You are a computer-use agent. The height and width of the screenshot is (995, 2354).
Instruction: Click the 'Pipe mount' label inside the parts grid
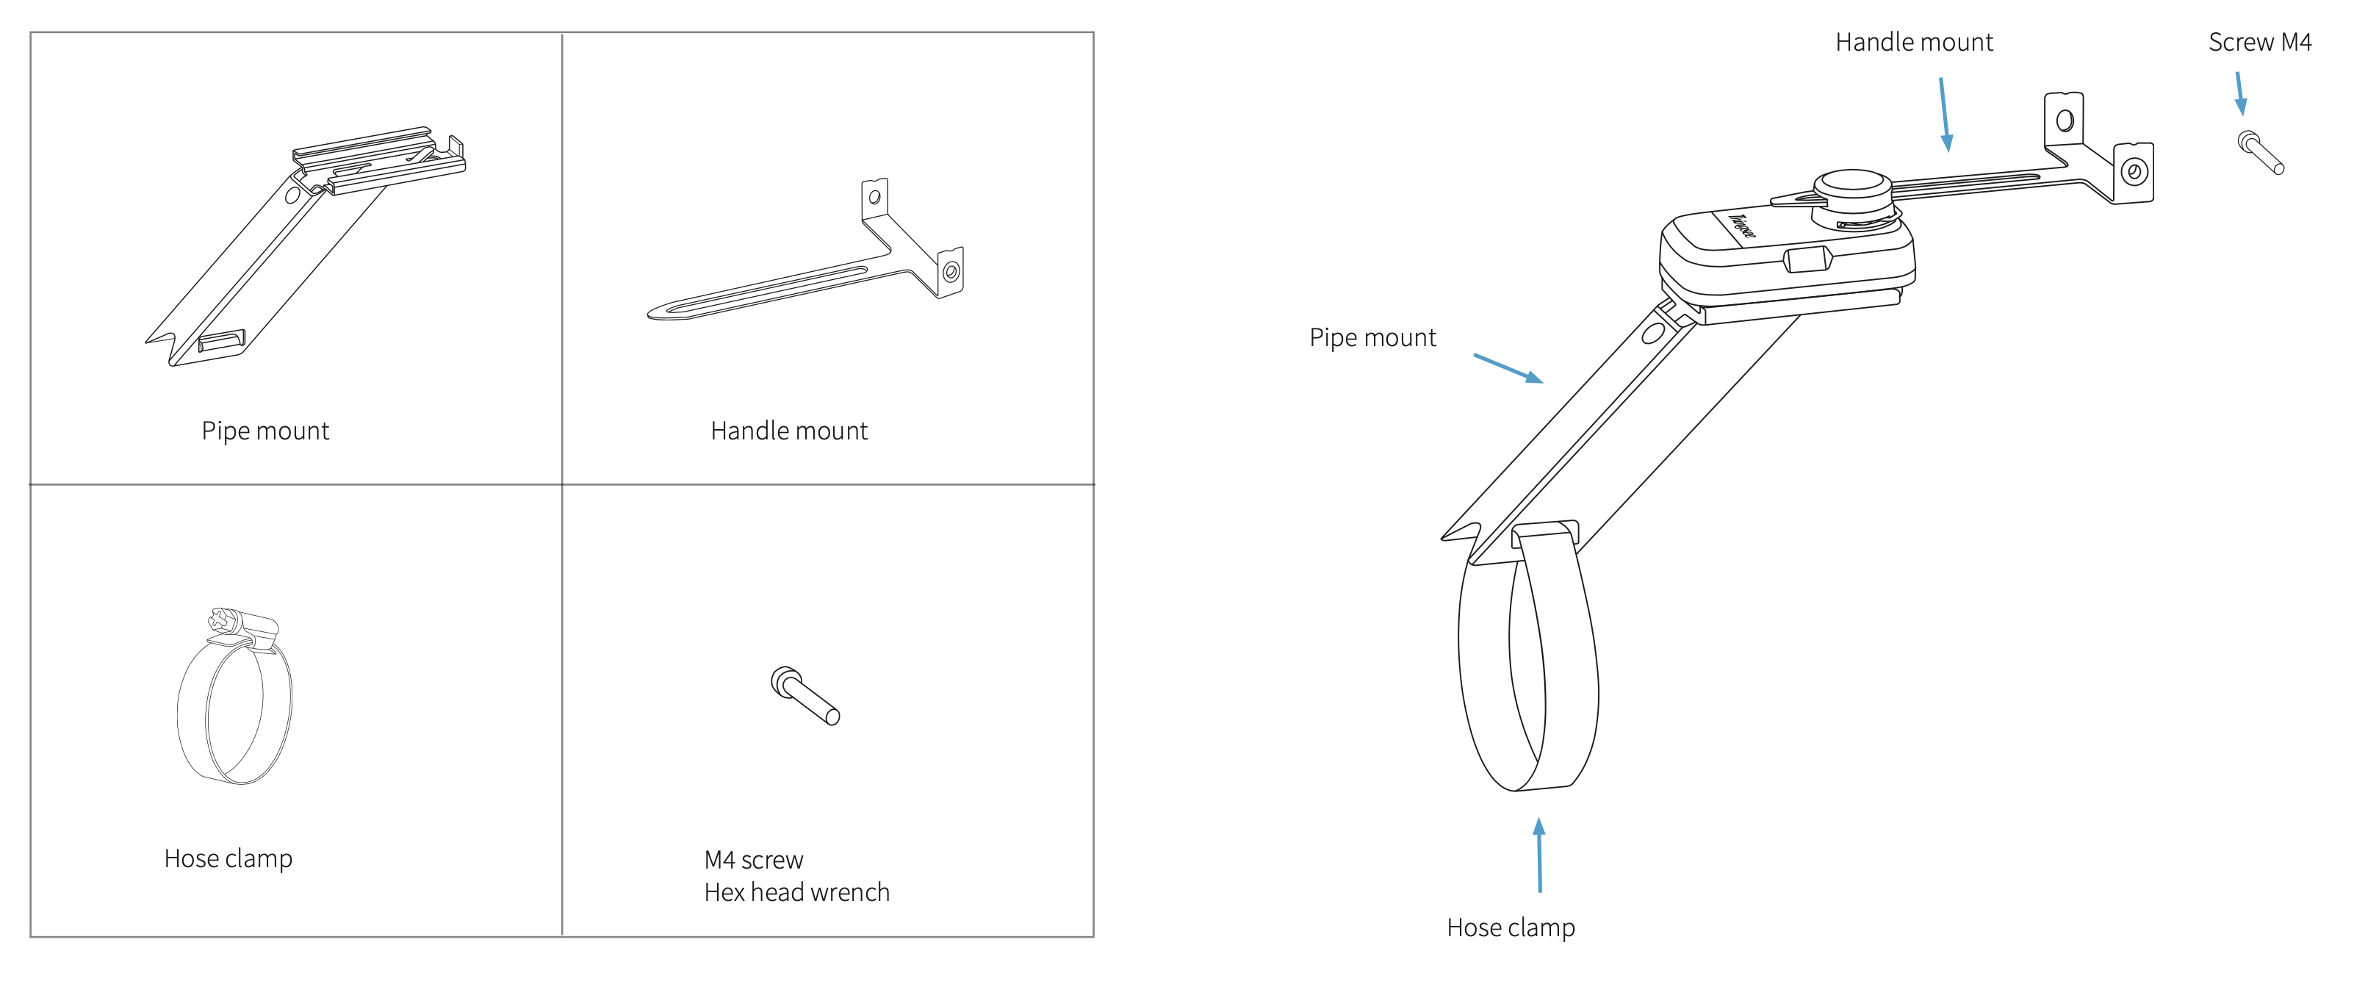pos(265,431)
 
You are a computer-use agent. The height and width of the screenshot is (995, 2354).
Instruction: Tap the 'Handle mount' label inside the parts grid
pos(788,431)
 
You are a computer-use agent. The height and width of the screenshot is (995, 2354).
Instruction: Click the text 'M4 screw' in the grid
pos(753,860)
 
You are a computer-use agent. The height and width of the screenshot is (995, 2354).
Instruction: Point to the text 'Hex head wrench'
pos(796,892)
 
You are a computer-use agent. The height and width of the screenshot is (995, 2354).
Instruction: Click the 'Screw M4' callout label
pos(2259,42)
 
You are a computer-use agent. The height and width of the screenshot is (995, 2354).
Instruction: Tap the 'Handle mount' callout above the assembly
pos(1913,42)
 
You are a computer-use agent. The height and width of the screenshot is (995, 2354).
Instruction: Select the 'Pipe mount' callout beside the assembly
pos(1372,337)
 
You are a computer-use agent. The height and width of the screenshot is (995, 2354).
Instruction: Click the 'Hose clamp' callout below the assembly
pos(1511,927)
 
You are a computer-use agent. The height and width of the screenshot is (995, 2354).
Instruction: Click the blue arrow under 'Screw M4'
pos(2240,93)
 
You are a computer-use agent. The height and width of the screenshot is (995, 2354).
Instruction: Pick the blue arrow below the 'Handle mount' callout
pos(1945,114)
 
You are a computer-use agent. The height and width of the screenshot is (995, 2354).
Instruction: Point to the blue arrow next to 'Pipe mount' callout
pos(1508,367)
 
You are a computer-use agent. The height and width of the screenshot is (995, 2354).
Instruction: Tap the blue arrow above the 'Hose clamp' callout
pos(1540,855)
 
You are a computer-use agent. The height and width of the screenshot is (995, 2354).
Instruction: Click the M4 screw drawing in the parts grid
pos(805,695)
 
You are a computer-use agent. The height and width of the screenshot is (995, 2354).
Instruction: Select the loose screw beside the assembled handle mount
pos(2261,151)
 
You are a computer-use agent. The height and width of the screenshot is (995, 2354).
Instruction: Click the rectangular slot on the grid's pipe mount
pos(221,341)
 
